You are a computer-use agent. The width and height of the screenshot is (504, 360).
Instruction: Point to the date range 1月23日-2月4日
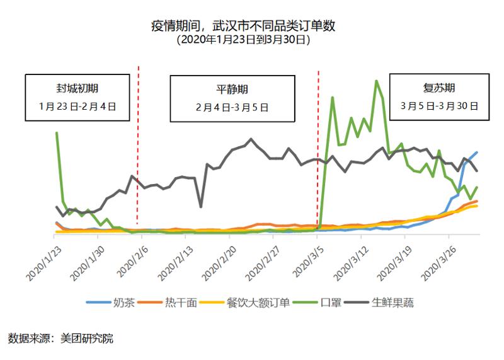[x=77, y=107]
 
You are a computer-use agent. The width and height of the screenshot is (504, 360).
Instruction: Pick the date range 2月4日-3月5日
[x=232, y=107]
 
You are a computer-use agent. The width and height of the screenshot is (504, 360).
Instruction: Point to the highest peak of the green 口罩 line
[x=376, y=81]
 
